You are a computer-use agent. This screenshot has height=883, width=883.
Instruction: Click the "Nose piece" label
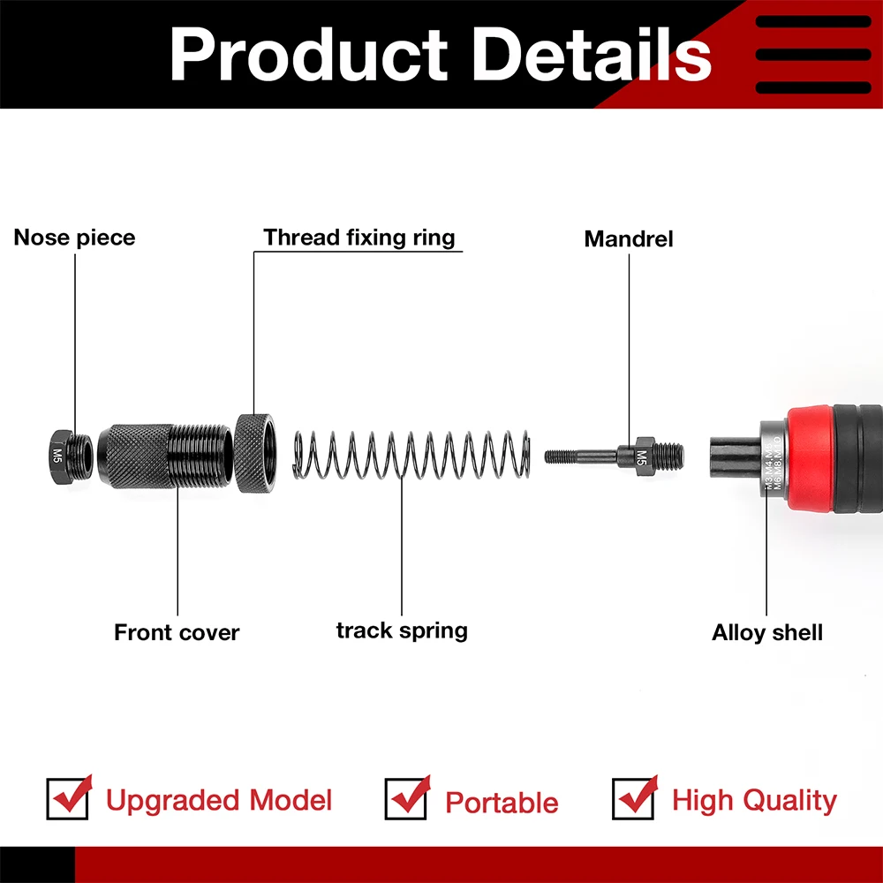(x=75, y=238)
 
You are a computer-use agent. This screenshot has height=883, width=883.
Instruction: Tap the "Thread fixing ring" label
(x=359, y=238)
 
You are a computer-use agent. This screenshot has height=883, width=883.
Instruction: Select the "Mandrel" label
(x=629, y=238)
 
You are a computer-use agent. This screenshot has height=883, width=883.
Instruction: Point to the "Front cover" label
(x=177, y=632)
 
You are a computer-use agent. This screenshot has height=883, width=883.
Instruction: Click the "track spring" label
(x=402, y=630)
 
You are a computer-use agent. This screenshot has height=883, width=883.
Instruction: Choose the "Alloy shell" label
(x=767, y=632)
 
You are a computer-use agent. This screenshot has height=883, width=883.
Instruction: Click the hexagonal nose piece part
(x=60, y=456)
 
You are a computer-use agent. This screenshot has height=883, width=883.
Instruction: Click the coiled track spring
(x=411, y=456)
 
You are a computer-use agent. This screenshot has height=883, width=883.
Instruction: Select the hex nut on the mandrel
(x=642, y=456)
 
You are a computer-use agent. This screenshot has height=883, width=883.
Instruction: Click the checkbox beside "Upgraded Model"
(x=68, y=799)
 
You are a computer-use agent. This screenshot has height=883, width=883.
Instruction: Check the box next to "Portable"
(x=406, y=799)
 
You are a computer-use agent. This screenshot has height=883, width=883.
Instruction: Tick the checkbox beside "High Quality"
(x=633, y=799)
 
